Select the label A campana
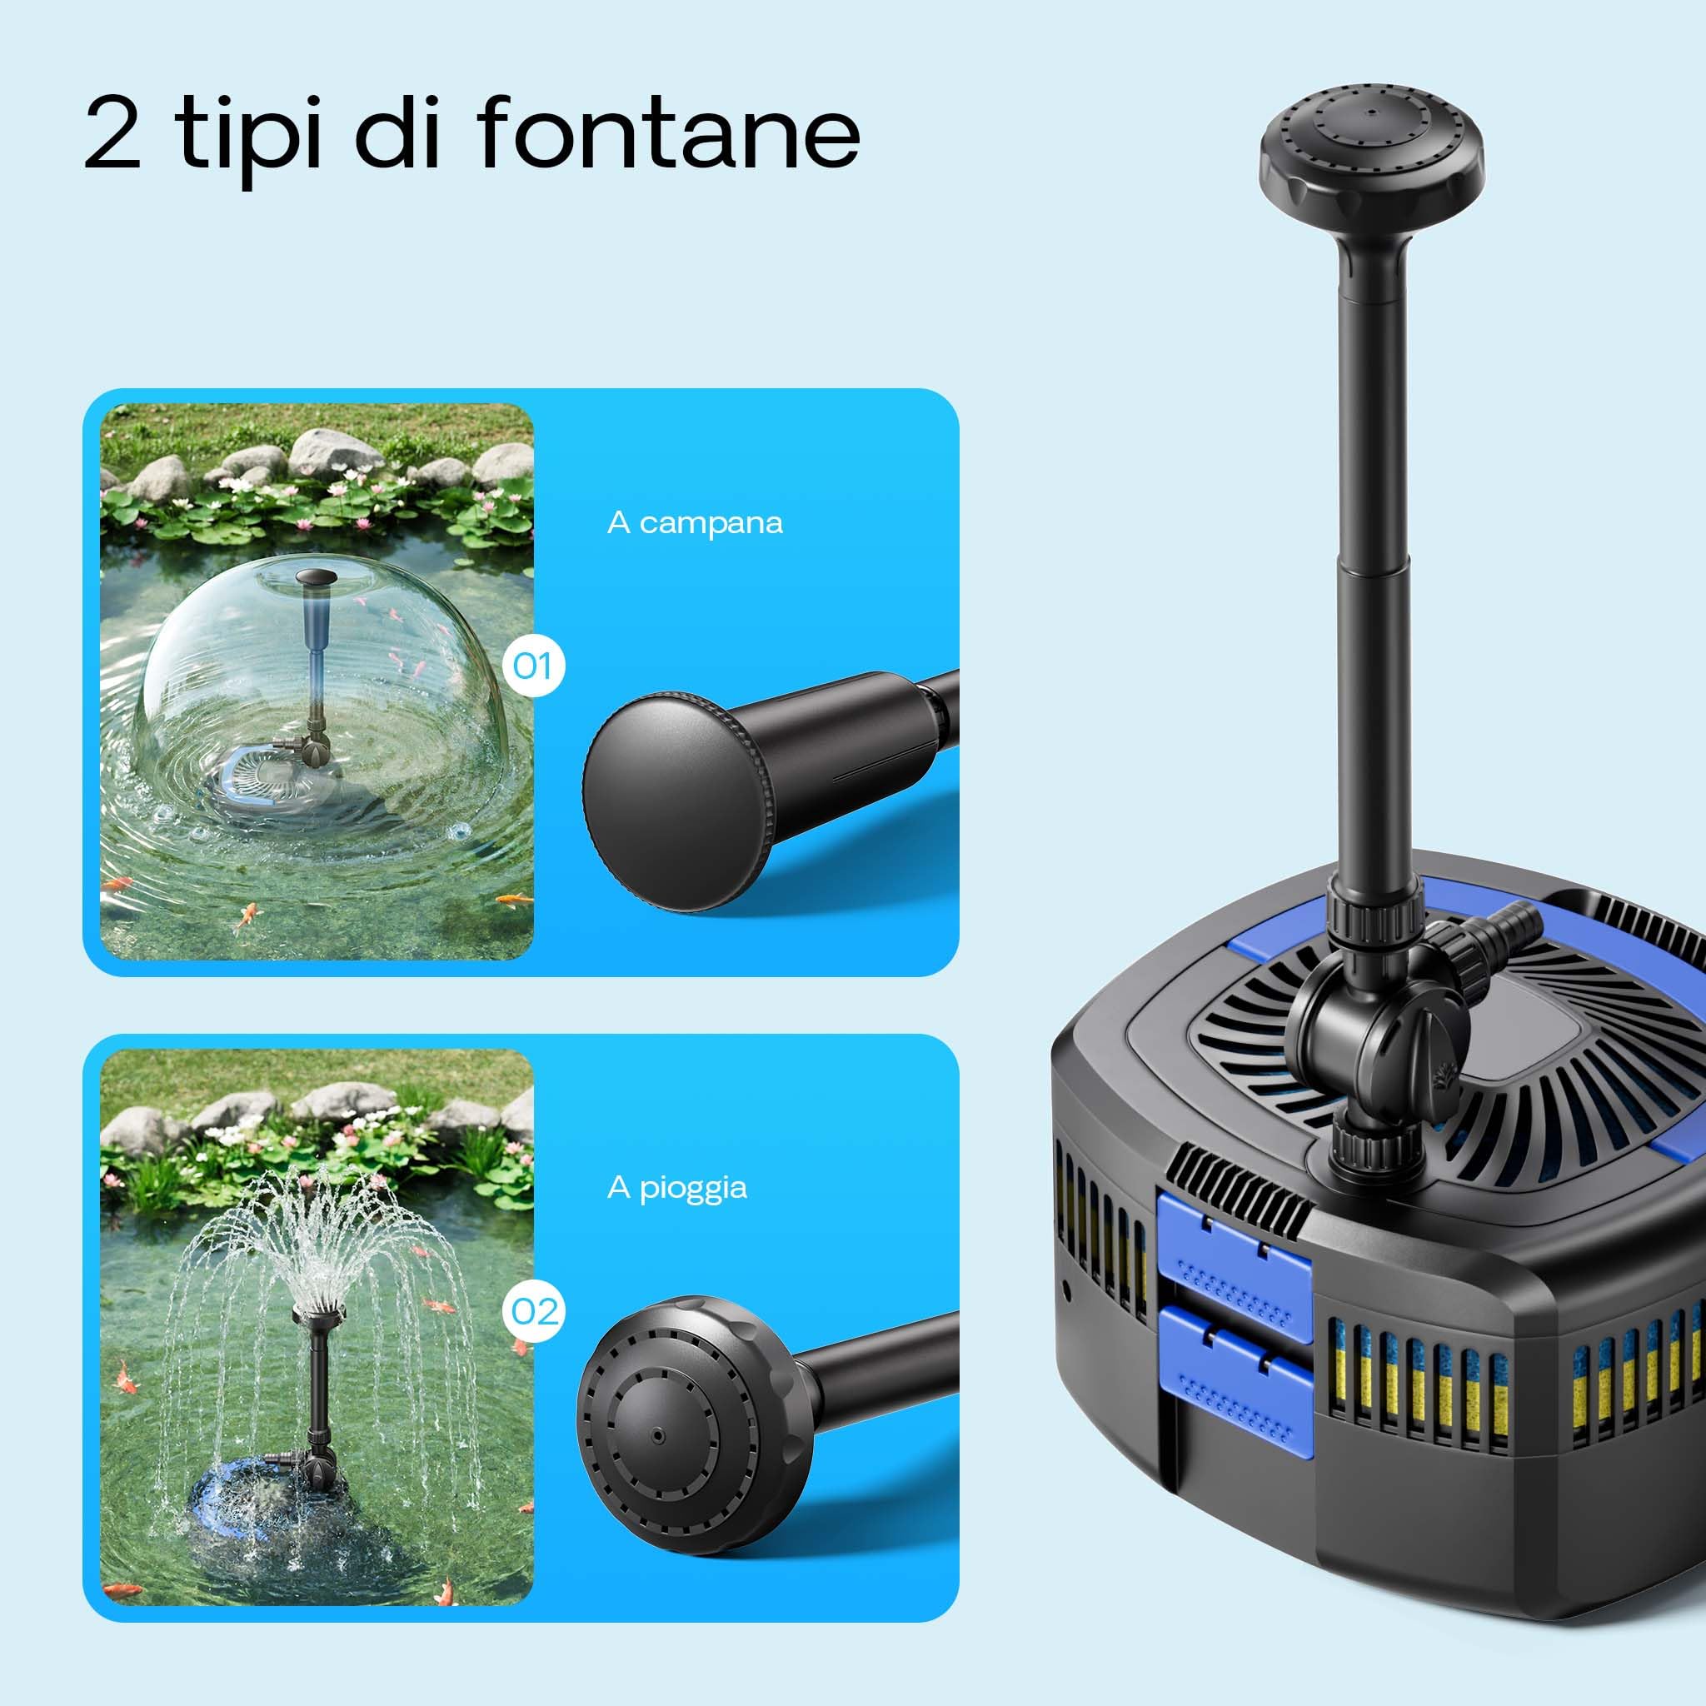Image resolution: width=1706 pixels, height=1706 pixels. (x=695, y=523)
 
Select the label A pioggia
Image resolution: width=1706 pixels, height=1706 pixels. (x=677, y=1189)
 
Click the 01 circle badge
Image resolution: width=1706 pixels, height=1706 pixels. (x=533, y=665)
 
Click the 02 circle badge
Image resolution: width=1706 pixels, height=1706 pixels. (x=533, y=1311)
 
